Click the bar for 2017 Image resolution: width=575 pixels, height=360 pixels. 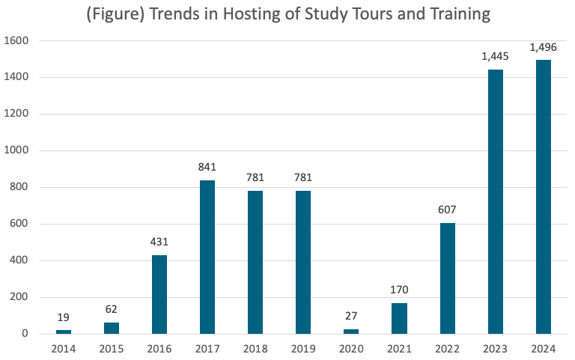coord(207,257)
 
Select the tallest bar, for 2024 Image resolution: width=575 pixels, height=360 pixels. coord(543,196)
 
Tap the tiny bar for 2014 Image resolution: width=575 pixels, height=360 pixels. coord(64,332)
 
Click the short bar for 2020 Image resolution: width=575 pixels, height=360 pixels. coord(351,331)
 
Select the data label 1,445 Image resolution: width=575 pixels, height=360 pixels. coord(495,57)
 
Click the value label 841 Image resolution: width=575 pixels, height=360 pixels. coord(207,168)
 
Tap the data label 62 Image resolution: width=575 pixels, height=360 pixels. coord(112,310)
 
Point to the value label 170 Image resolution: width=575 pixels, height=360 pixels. coord(399,290)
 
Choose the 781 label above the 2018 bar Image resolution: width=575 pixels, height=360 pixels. coord(255,178)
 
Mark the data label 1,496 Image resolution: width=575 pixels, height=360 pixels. coord(543,47)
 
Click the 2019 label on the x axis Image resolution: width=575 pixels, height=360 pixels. coord(303,348)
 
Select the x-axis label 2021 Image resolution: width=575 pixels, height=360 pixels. coord(399,348)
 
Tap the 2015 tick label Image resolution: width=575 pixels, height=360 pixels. coord(112,348)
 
